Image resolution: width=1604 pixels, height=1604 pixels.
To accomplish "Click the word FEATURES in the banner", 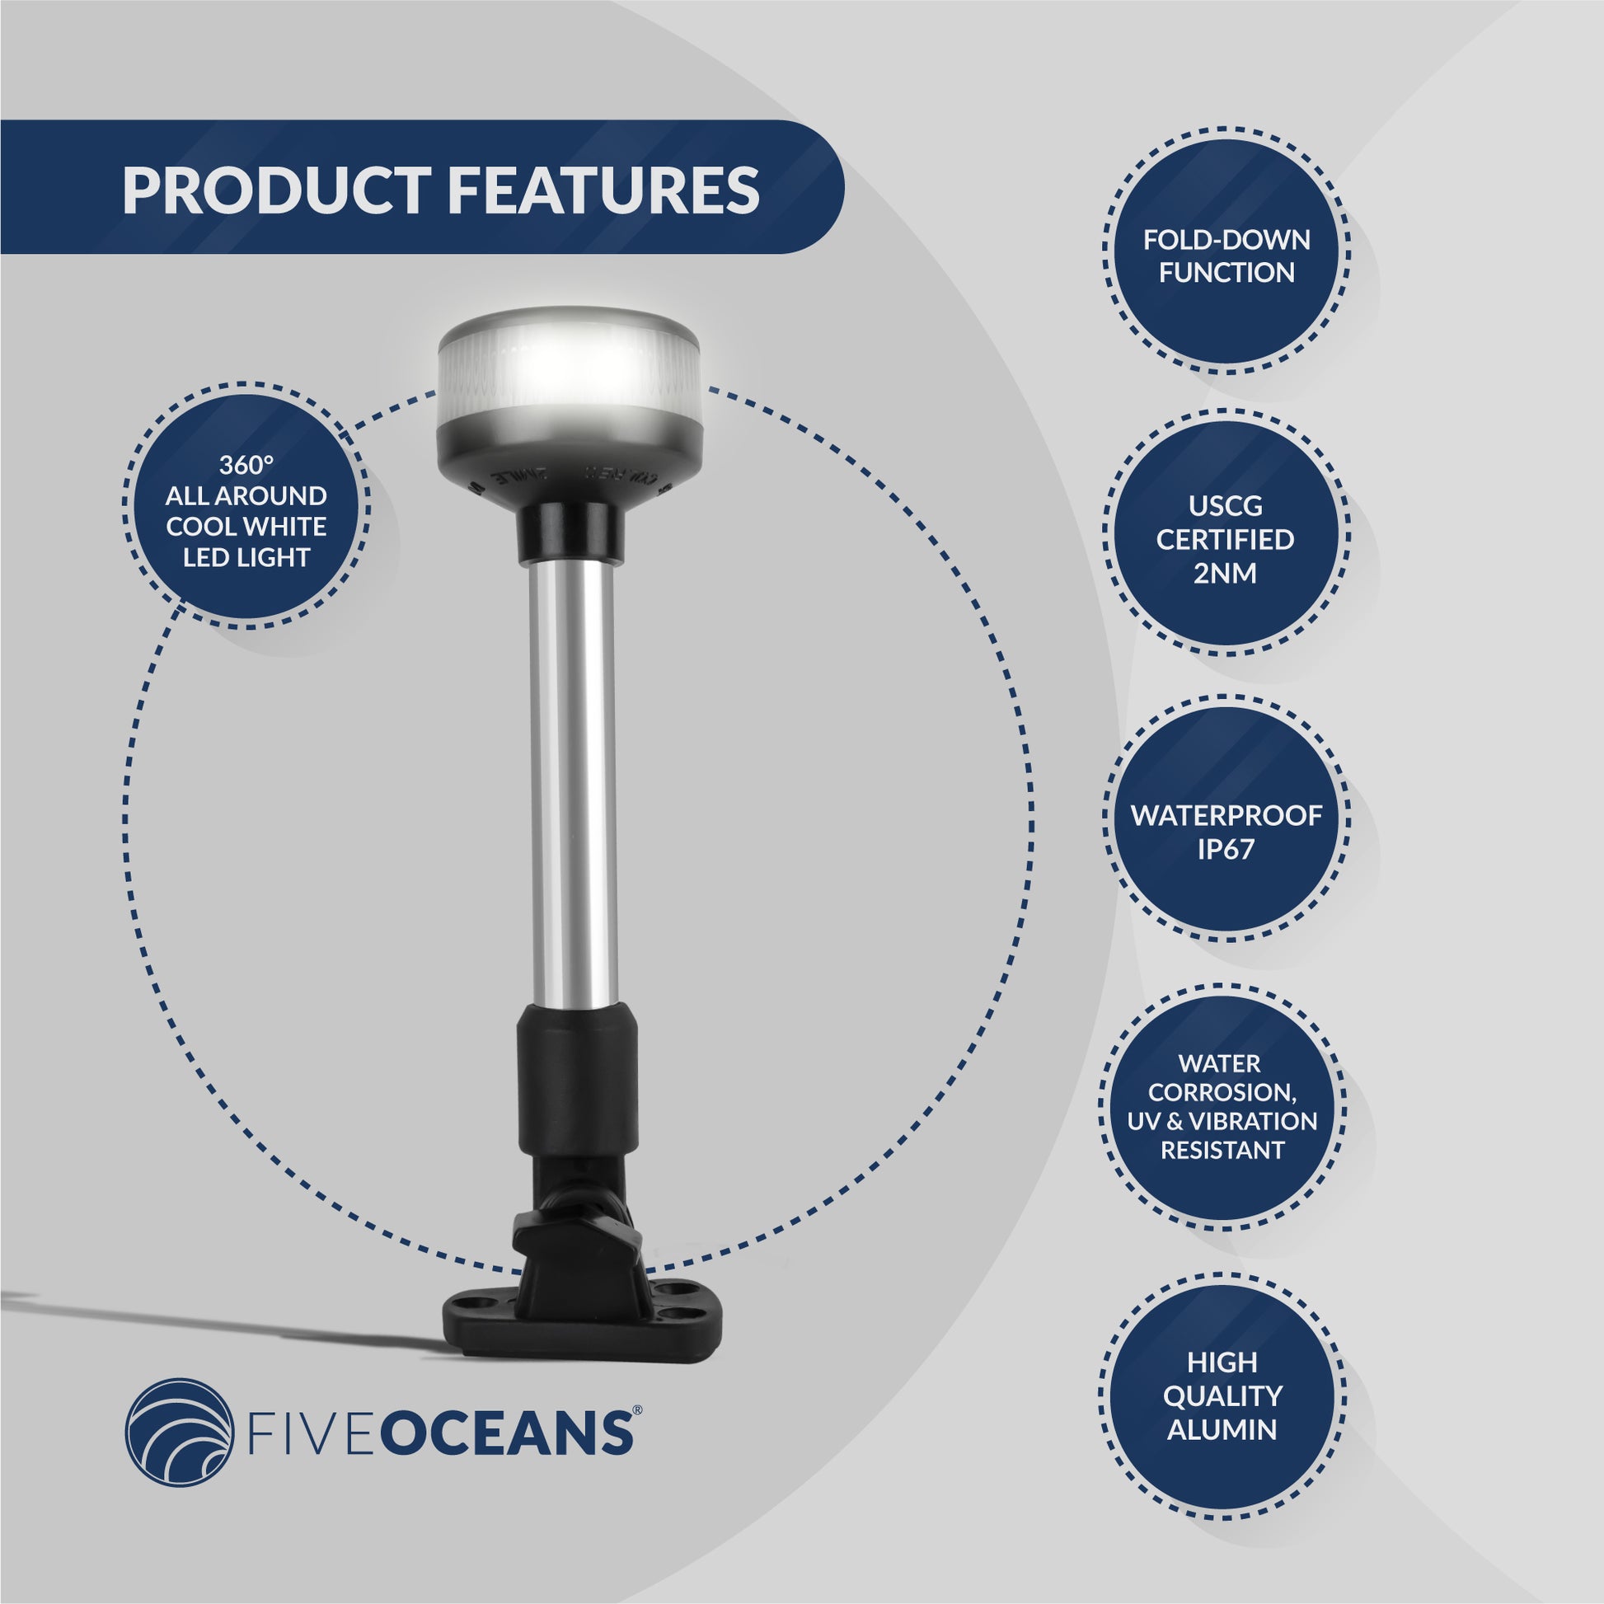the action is click(x=604, y=190).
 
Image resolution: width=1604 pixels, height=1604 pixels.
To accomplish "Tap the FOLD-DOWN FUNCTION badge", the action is click(x=1226, y=256).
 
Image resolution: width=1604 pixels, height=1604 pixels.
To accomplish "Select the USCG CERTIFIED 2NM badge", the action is click(x=1226, y=539).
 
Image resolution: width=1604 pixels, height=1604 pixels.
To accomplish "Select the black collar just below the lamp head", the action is click(x=571, y=535).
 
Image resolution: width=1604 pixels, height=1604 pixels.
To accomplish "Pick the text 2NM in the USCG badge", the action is click(x=1226, y=573).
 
